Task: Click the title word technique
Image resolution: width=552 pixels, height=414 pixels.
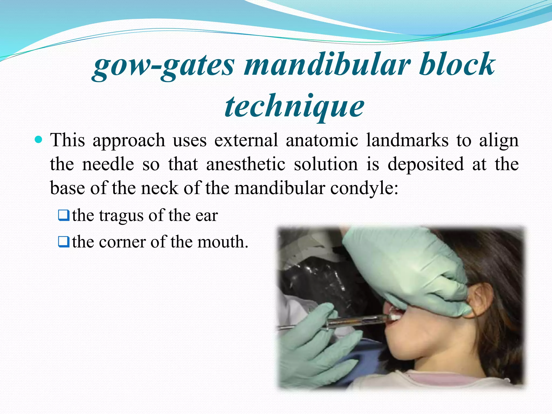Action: point(294,106)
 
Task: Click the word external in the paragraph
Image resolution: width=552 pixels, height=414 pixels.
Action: point(246,140)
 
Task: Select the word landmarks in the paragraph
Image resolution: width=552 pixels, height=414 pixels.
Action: point(407,140)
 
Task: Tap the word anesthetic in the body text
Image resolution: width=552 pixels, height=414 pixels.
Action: point(246,164)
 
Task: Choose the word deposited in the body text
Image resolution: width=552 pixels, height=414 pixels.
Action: point(426,164)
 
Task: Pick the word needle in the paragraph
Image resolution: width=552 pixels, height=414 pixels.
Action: point(108,164)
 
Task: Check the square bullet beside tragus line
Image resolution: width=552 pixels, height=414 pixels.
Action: point(64,216)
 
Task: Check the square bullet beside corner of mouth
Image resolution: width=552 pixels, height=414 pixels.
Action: point(64,242)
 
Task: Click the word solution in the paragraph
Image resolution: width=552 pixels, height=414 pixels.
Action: point(326,164)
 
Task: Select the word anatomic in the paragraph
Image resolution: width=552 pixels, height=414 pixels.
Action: point(322,140)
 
